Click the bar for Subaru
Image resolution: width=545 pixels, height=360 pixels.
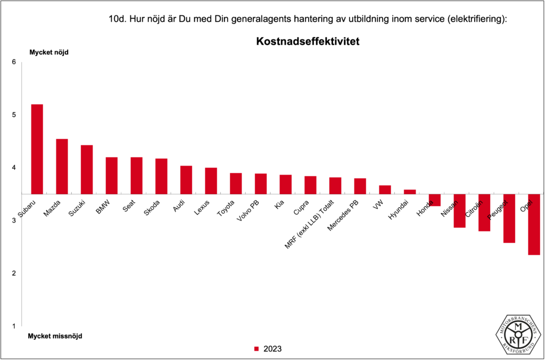click(x=37, y=149)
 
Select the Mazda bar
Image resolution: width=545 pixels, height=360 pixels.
click(x=62, y=166)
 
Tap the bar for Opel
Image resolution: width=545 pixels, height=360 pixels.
click(x=534, y=224)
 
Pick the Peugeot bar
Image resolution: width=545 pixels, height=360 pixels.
click(x=509, y=218)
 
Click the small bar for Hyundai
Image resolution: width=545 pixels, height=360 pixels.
click(x=410, y=192)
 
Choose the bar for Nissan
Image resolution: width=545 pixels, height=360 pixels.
click(x=460, y=210)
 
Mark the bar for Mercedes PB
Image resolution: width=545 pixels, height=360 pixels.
click(x=360, y=186)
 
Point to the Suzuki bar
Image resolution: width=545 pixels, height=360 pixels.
click(x=87, y=169)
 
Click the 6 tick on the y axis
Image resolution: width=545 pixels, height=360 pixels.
click(x=14, y=62)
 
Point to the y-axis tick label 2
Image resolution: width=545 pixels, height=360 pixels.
click(x=14, y=273)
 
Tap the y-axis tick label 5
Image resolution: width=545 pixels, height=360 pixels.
click(x=14, y=115)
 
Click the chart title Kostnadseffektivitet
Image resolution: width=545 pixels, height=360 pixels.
click(x=308, y=41)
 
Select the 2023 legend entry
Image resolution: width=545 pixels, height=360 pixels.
click(x=268, y=349)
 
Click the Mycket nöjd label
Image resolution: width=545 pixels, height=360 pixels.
click(x=49, y=52)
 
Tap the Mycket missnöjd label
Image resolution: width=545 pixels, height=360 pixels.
click(x=55, y=336)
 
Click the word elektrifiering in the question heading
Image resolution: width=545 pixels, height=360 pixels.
click(x=475, y=20)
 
